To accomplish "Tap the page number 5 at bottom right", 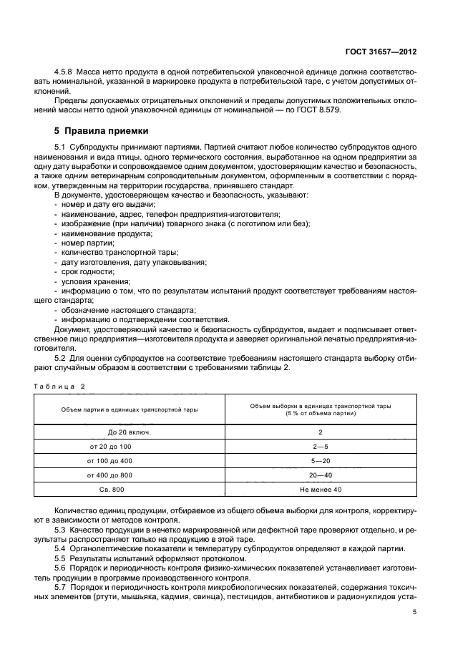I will [415, 613].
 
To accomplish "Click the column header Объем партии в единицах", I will [130, 410].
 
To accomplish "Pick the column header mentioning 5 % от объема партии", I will [320, 409].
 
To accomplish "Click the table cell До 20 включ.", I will [130, 433].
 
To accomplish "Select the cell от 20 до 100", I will [130, 447].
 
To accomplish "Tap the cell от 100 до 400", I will [130, 461].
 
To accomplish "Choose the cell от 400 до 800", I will [130, 475].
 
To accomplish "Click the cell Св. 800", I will [130, 489].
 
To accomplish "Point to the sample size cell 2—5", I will [320, 447].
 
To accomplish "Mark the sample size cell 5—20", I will [320, 461].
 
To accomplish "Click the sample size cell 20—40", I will [320, 475].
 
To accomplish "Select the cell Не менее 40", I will [320, 489].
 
